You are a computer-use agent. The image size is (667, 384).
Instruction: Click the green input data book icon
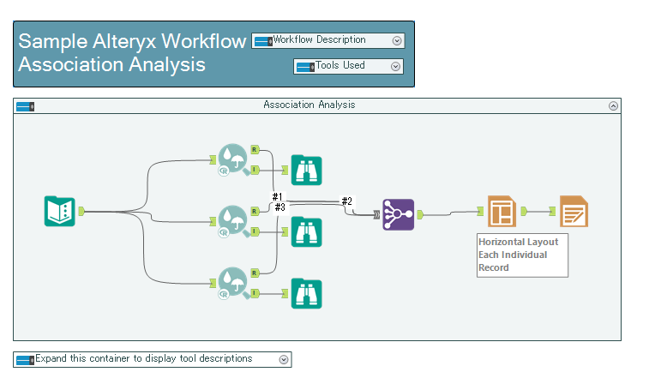click(x=60, y=211)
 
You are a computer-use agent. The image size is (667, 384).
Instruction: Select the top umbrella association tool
click(x=231, y=159)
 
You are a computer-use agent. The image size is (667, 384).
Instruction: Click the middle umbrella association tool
click(x=231, y=220)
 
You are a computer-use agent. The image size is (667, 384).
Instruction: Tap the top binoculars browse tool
click(x=306, y=170)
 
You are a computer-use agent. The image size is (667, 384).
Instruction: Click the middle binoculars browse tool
click(x=306, y=231)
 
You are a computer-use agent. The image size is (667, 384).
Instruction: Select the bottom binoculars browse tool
click(x=306, y=294)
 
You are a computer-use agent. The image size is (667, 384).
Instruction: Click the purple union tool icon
click(x=399, y=214)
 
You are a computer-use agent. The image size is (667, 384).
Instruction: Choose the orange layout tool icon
click(x=502, y=211)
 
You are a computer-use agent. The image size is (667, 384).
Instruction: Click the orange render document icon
click(x=574, y=211)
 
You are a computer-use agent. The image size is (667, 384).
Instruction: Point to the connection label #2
click(x=346, y=201)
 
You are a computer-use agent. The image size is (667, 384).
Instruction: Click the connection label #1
click(x=277, y=197)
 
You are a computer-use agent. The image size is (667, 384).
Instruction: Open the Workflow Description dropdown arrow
click(x=396, y=40)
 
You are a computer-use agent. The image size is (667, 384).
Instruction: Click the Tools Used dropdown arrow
click(x=395, y=66)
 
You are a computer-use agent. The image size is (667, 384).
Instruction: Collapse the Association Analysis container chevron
click(x=613, y=105)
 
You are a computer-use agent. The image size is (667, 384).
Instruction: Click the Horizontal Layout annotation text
click(x=518, y=255)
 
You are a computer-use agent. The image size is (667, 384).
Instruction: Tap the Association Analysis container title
click(x=309, y=105)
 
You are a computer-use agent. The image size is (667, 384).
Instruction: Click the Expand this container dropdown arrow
click(x=284, y=359)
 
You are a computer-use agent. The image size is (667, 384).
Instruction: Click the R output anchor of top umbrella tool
click(x=255, y=149)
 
